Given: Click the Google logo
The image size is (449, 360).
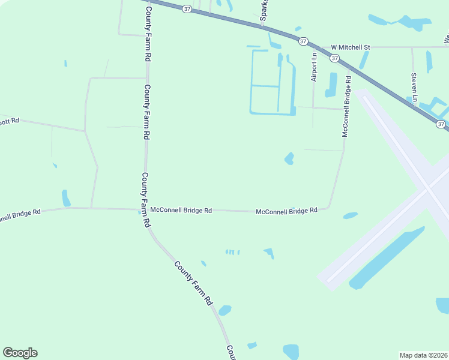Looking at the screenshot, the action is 20,353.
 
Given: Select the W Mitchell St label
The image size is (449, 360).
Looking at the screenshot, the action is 351,46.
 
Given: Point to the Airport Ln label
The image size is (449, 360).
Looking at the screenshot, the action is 313,67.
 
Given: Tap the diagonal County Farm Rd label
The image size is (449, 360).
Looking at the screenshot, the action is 194,282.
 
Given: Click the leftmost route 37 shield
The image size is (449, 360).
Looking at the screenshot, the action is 188,9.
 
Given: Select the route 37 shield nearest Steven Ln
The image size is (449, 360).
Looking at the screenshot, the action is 441,124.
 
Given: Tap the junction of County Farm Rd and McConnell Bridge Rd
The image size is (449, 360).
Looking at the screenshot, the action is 146,209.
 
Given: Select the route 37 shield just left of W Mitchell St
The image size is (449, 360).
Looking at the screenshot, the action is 303,41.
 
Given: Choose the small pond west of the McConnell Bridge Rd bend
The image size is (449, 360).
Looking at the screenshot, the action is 289,158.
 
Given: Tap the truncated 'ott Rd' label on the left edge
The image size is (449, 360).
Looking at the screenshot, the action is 10,121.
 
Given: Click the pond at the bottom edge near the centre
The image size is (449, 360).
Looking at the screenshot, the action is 291,352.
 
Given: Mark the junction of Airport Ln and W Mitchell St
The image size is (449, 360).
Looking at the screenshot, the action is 313,46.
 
